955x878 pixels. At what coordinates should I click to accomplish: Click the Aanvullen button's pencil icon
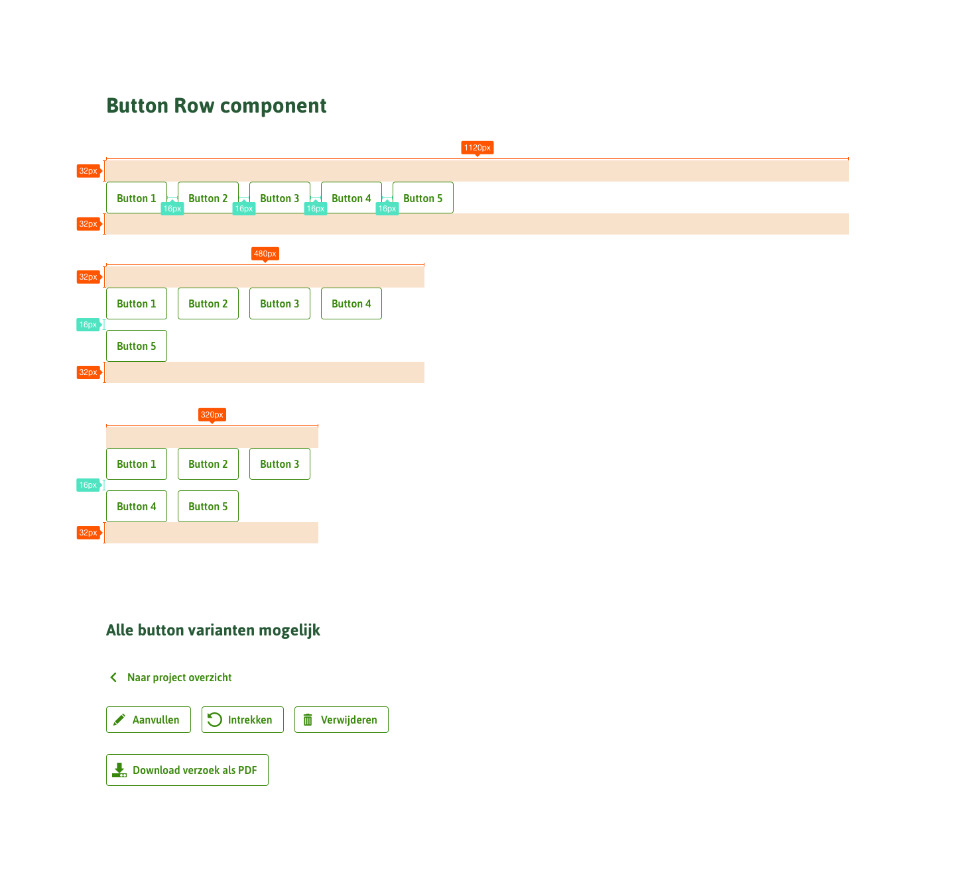[119, 720]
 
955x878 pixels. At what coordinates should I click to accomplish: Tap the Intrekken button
[243, 720]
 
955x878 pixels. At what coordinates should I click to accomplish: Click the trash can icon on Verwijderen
[308, 720]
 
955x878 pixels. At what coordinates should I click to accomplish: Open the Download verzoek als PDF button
[187, 770]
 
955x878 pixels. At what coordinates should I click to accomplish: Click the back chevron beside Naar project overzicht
[113, 677]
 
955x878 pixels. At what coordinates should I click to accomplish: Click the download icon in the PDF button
[119, 770]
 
